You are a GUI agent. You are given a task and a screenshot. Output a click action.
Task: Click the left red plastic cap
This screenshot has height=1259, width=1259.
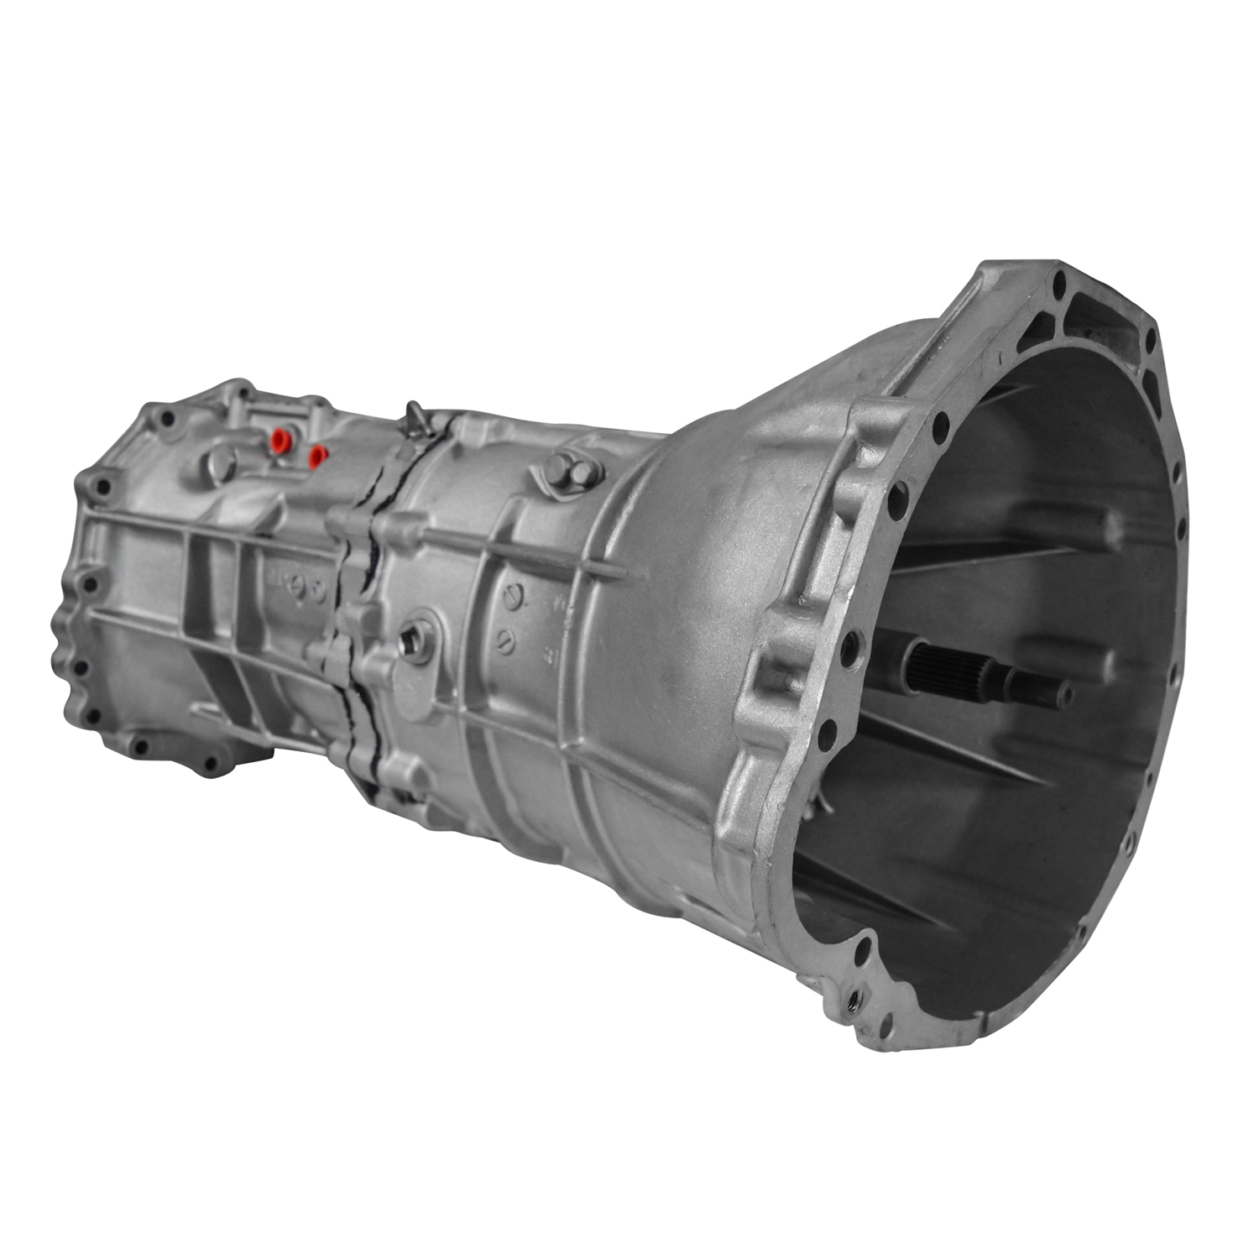[x=278, y=438]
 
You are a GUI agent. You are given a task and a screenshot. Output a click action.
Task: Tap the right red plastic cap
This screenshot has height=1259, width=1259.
[x=317, y=456]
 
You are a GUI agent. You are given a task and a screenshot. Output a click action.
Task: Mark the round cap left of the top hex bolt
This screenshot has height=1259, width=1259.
[x=560, y=463]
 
